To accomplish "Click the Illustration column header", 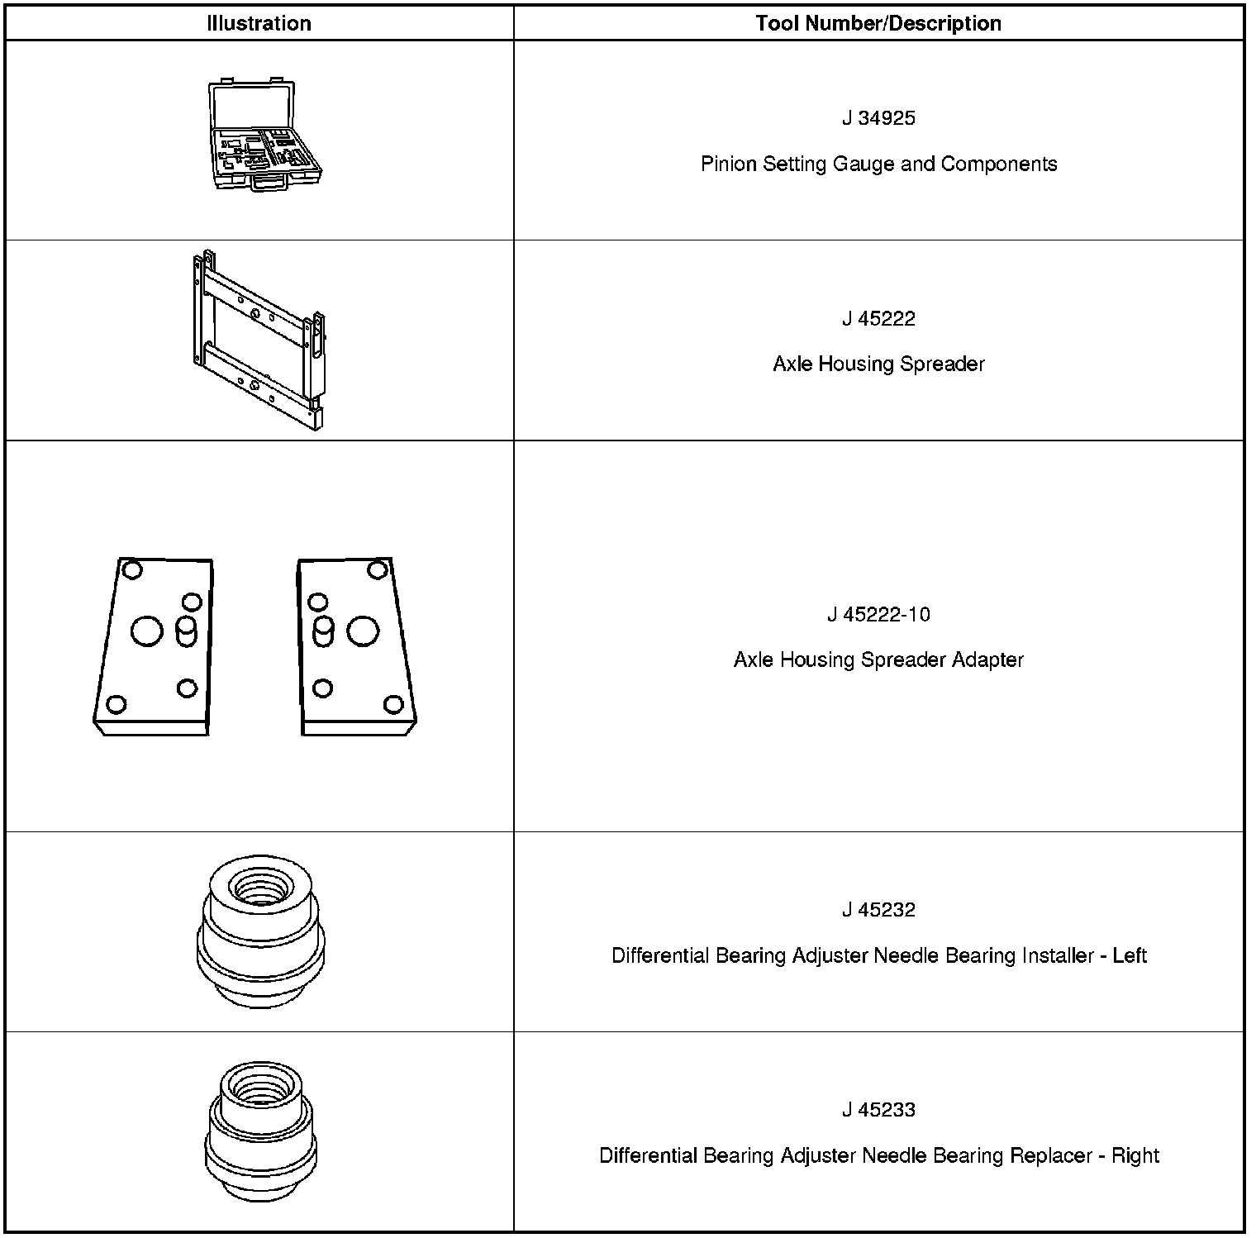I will pyautogui.click(x=259, y=23).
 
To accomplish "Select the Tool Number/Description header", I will pyautogui.click(x=878, y=23).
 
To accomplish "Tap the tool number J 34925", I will pyautogui.click(x=878, y=118).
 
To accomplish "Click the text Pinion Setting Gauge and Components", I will pyautogui.click(x=878, y=164).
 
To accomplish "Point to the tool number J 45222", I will pyautogui.click(x=878, y=319).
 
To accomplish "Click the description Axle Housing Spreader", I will pyautogui.click(x=878, y=364).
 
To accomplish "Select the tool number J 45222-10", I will pyautogui.click(x=878, y=614).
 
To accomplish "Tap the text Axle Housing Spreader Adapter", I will pyautogui.click(x=878, y=659).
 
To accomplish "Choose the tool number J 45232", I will pyautogui.click(x=878, y=910).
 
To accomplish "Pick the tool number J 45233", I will pyautogui.click(x=878, y=1110).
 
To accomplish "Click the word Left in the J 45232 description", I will pyautogui.click(x=1130, y=955).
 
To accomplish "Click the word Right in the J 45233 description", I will pyautogui.click(x=1135, y=1155).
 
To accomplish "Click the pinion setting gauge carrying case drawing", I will pyautogui.click(x=264, y=136).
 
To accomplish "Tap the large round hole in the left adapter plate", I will pyautogui.click(x=147, y=631).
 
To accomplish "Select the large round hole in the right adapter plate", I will pyautogui.click(x=363, y=631).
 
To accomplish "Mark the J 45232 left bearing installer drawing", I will pyautogui.click(x=260, y=931).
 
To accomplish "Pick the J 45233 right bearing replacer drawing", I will pyautogui.click(x=260, y=1131).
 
